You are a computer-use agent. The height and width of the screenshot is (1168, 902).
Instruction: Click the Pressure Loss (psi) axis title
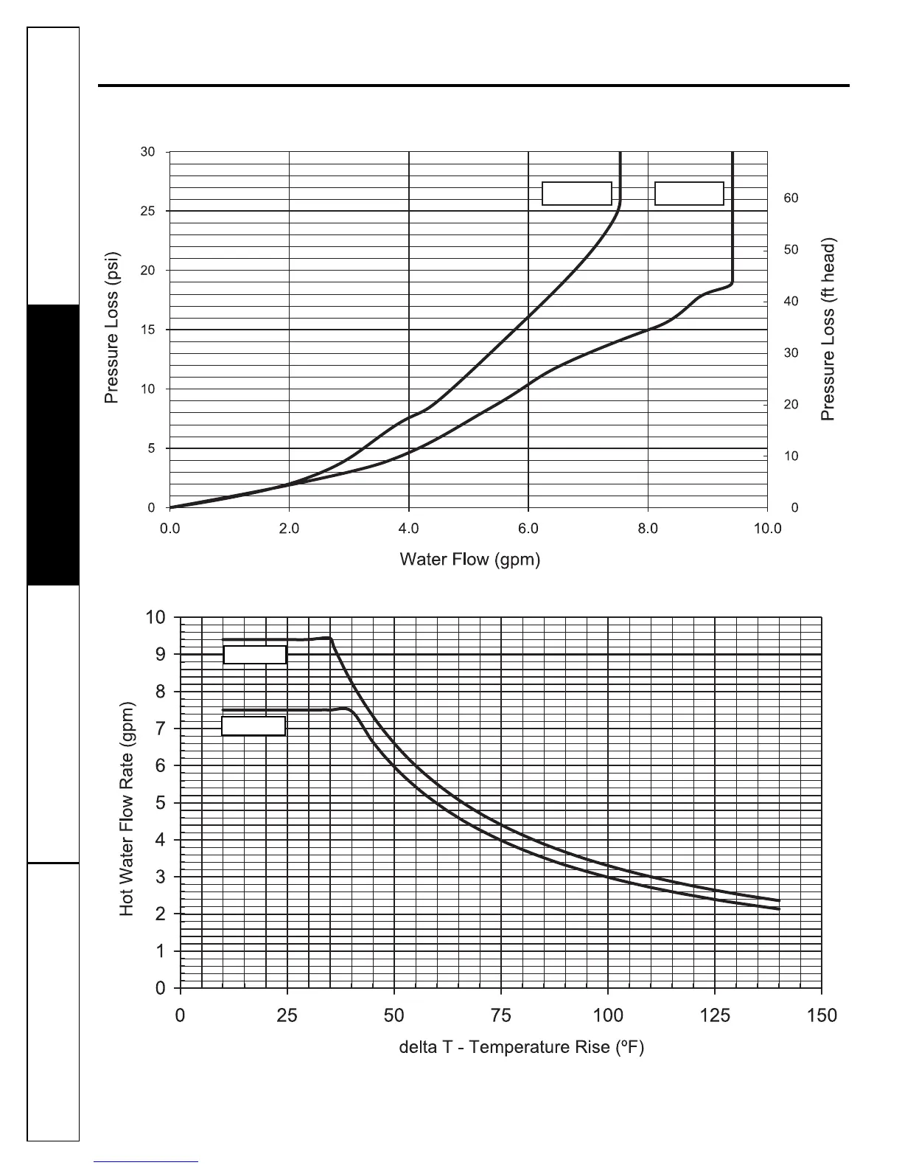tap(111, 329)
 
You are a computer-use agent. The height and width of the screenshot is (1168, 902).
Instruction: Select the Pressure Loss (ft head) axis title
tap(829, 329)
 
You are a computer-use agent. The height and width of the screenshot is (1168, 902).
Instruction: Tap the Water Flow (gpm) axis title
tap(469, 560)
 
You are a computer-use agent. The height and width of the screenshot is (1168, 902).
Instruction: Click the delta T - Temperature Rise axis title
tap(521, 1047)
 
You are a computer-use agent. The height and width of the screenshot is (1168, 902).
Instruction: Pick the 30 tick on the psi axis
tap(148, 152)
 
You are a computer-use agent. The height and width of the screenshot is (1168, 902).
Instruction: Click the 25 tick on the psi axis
tap(148, 211)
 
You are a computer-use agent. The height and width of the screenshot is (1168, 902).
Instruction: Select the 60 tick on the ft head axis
tap(791, 198)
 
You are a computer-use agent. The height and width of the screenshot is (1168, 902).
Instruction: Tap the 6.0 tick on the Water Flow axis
tap(528, 528)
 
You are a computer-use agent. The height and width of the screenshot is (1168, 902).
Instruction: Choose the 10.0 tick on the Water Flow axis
tap(767, 528)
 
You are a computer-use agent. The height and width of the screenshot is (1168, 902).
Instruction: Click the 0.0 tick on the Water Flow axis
tap(170, 528)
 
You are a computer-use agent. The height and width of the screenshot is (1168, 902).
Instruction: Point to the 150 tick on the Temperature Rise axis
tap(822, 1015)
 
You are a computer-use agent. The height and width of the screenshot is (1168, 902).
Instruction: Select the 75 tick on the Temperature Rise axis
tap(501, 1015)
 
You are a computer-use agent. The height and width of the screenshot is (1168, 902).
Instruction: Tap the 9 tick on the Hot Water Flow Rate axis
tap(160, 654)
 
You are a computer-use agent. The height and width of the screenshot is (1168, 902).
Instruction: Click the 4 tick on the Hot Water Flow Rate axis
tap(160, 840)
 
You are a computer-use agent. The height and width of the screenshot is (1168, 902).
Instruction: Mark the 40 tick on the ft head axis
tap(791, 302)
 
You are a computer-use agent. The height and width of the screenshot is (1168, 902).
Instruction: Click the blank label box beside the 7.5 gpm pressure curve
tap(577, 193)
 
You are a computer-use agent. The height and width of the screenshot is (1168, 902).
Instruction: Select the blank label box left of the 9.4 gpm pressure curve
tap(689, 193)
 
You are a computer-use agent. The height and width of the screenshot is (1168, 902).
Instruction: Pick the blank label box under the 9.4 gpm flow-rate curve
tap(255, 655)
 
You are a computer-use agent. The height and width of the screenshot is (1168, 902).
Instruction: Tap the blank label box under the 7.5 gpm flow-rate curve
tap(254, 726)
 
